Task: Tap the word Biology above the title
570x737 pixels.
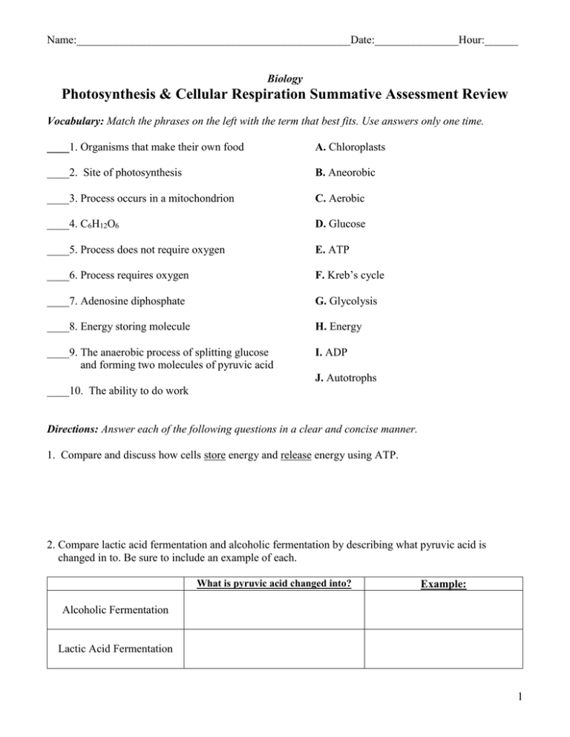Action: (284, 77)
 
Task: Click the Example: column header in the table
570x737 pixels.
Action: (443, 584)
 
